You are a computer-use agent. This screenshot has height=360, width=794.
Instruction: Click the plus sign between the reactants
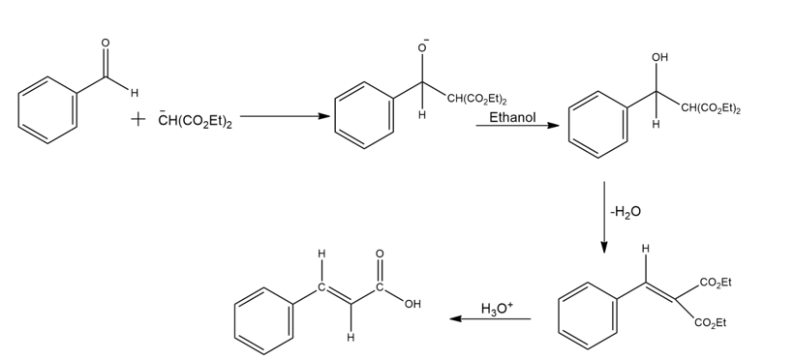pyautogui.click(x=137, y=119)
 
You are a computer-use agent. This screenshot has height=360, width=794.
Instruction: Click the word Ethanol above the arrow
pyautogui.click(x=512, y=117)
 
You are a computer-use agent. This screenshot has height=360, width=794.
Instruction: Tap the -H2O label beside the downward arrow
pyautogui.click(x=626, y=212)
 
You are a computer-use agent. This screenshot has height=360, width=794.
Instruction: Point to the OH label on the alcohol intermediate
pyautogui.click(x=659, y=58)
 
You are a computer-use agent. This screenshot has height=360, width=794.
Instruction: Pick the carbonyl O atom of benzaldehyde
pyautogui.click(x=106, y=43)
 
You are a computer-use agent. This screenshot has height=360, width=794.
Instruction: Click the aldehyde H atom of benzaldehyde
pyautogui.click(x=135, y=93)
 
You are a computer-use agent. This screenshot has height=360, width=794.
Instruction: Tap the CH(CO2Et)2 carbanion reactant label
pyautogui.click(x=195, y=121)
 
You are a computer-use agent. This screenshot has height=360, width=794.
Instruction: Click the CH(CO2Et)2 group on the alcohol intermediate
pyautogui.click(x=711, y=108)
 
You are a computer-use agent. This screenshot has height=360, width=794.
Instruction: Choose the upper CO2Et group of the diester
pyautogui.click(x=716, y=283)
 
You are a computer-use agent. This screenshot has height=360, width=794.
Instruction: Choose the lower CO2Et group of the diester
pyautogui.click(x=711, y=323)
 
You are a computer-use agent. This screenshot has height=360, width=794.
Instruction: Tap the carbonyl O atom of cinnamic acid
pyautogui.click(x=380, y=254)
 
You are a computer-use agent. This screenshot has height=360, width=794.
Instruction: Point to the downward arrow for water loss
pyautogui.click(x=603, y=217)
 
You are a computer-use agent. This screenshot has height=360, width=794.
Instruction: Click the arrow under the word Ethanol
pyautogui.click(x=517, y=125)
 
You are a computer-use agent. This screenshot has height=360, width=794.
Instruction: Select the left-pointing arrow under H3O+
pyautogui.click(x=490, y=319)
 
